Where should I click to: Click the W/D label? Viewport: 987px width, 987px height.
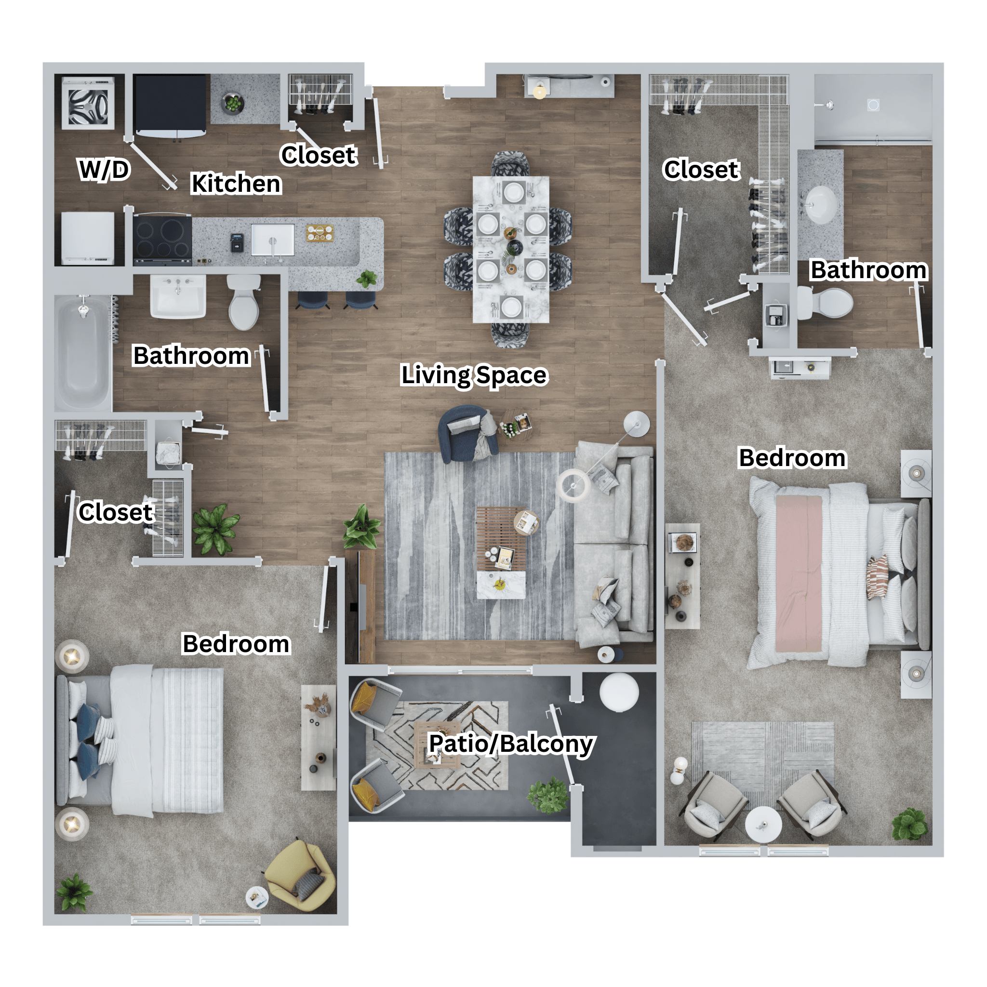point(104,169)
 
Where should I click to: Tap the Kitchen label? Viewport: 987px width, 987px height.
point(236,184)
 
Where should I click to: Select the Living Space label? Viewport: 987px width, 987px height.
point(474,374)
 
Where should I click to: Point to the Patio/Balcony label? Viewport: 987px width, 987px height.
point(511,743)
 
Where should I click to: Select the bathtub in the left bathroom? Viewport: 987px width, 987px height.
point(83,353)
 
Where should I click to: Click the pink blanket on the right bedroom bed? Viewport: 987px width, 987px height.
point(799,574)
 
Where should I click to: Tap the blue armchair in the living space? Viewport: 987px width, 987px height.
point(467,434)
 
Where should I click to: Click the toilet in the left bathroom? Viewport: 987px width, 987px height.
point(244,302)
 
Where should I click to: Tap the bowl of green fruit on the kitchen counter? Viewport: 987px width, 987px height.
point(233,103)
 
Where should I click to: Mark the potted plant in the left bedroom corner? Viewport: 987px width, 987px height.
point(74,893)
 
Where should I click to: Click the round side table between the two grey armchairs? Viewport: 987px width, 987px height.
point(763,826)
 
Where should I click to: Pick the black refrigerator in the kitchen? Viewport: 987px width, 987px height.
point(170,106)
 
